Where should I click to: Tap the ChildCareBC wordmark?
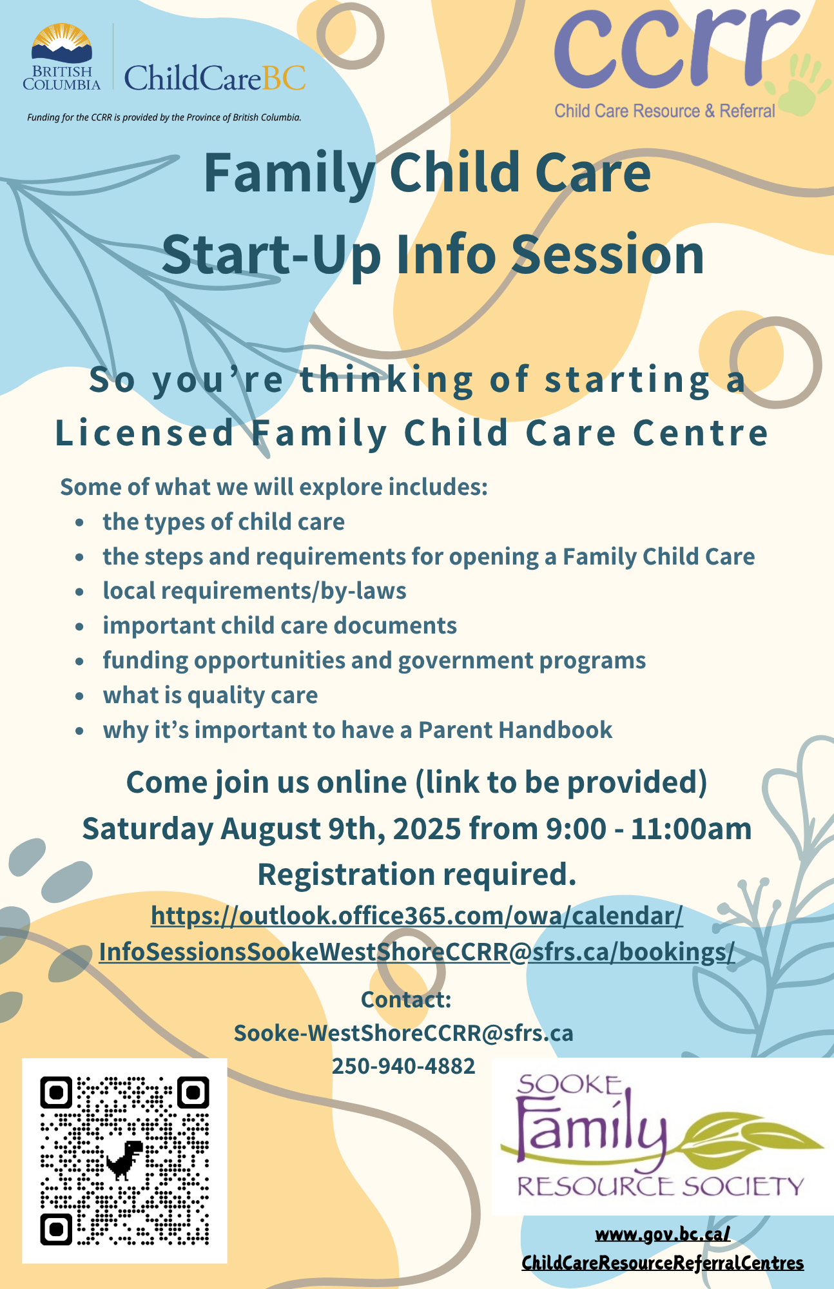[x=215, y=78]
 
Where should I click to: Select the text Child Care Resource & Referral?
[x=664, y=111]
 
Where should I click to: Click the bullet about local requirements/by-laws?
[x=255, y=591]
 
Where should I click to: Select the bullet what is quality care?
[x=210, y=695]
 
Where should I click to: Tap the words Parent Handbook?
[x=516, y=730]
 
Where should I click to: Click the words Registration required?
[x=417, y=875]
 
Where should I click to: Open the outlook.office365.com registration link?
[x=417, y=933]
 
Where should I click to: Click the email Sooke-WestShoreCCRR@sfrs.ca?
[x=403, y=1032]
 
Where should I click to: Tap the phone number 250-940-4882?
[x=403, y=1066]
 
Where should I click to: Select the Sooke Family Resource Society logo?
[x=662, y=1136]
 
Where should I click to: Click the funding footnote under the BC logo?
[x=164, y=117]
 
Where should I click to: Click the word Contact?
[x=406, y=999]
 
